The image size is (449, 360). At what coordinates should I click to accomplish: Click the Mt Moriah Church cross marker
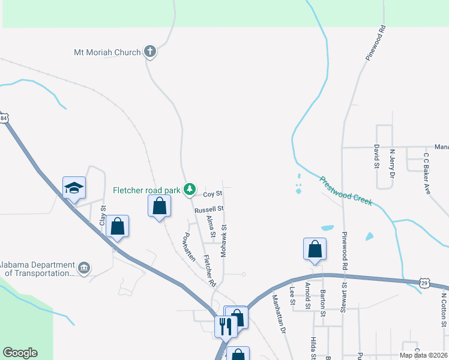(150, 52)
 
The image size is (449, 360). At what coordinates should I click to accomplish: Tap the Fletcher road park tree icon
(190, 190)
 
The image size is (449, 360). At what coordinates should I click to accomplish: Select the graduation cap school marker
(74, 188)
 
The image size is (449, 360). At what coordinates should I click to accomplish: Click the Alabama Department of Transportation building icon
(84, 267)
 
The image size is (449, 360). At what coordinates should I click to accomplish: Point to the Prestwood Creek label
(346, 191)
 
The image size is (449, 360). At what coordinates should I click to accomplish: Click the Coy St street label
(212, 194)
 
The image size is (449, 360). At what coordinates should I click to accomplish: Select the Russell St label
(209, 209)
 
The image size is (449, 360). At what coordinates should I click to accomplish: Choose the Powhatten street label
(190, 246)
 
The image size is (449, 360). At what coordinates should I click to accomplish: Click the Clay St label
(103, 216)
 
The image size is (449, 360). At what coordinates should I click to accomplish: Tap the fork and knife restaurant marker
(226, 326)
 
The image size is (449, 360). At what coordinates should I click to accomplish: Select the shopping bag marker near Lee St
(315, 249)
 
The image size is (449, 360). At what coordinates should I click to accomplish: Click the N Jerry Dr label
(392, 164)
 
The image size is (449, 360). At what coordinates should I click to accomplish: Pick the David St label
(376, 157)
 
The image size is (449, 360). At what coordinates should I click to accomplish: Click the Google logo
(20, 353)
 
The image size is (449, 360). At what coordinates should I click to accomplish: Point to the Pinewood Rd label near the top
(375, 43)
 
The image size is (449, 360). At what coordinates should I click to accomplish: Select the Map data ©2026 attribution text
(423, 356)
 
